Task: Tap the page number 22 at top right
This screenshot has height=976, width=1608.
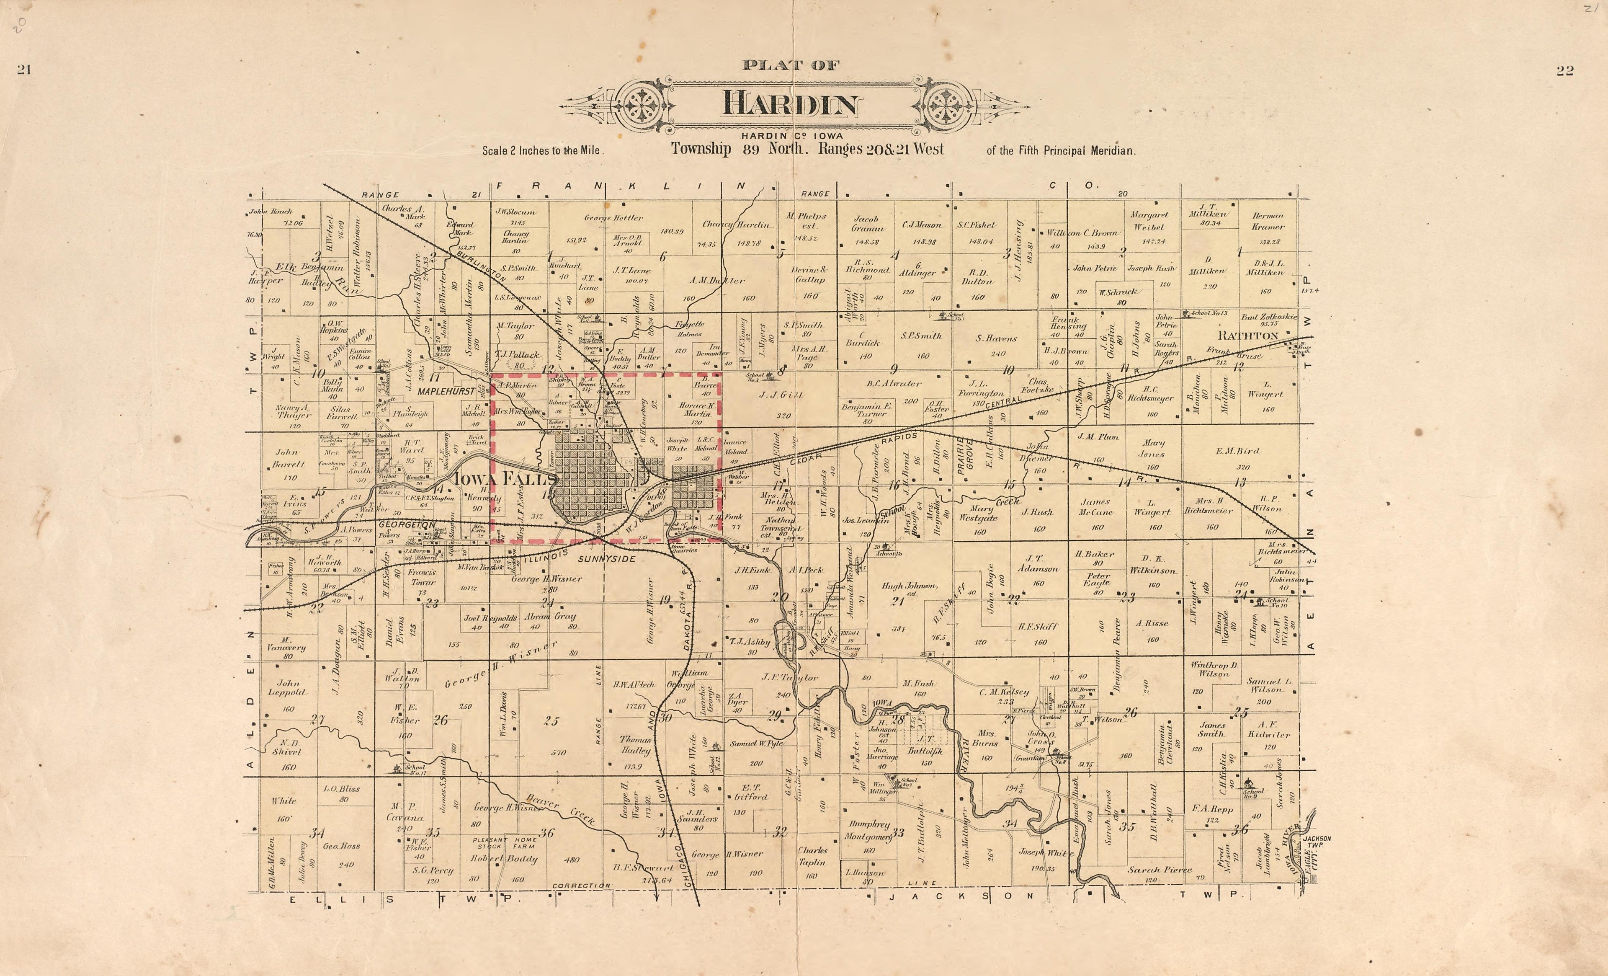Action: (1564, 71)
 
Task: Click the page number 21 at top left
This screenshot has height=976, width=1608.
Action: (24, 70)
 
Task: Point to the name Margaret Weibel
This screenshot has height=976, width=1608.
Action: (1149, 221)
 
